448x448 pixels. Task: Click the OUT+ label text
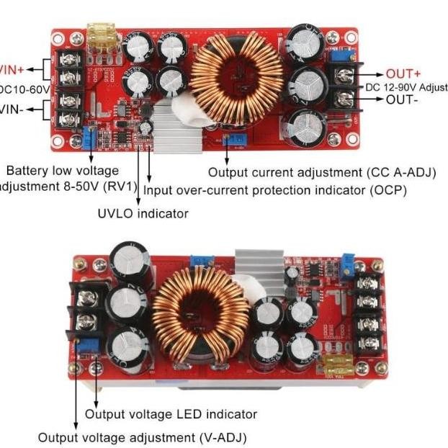(x=403, y=73)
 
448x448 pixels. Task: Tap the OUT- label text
(x=402, y=100)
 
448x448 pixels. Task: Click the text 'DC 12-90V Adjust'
(x=406, y=87)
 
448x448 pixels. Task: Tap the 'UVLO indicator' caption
(x=143, y=213)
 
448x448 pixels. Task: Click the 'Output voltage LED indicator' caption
(x=171, y=414)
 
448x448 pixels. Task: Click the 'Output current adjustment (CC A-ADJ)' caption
(x=305, y=173)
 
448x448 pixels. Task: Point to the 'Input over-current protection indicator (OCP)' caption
(x=276, y=190)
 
